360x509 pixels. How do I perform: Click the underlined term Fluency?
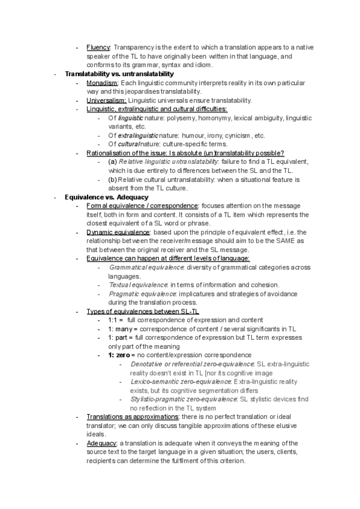coord(98,47)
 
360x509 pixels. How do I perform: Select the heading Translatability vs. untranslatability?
coord(119,74)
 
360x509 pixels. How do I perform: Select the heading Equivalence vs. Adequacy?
coord(103,197)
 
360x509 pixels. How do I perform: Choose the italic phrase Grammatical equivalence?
coord(143,267)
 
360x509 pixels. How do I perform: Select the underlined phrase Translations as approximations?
coord(133,417)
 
